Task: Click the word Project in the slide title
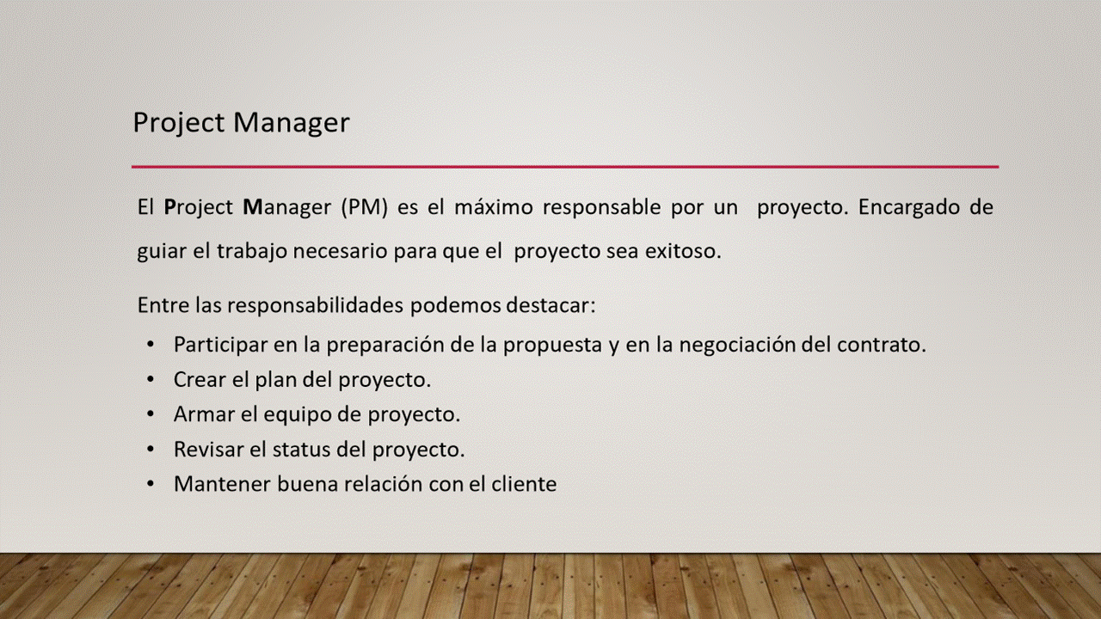tap(179, 123)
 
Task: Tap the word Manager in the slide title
tap(291, 124)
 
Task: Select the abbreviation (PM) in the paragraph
tap(364, 207)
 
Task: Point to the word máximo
tap(494, 206)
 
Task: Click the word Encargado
tap(909, 208)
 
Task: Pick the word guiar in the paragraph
tap(160, 252)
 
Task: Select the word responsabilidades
tap(315, 306)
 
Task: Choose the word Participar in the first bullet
tap(220, 346)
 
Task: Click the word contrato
tap(882, 345)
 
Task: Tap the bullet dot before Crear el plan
tap(151, 380)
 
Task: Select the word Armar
tap(204, 414)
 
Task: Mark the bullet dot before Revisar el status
tap(151, 450)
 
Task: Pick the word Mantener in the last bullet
tap(222, 484)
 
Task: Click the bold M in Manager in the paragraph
tap(253, 207)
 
